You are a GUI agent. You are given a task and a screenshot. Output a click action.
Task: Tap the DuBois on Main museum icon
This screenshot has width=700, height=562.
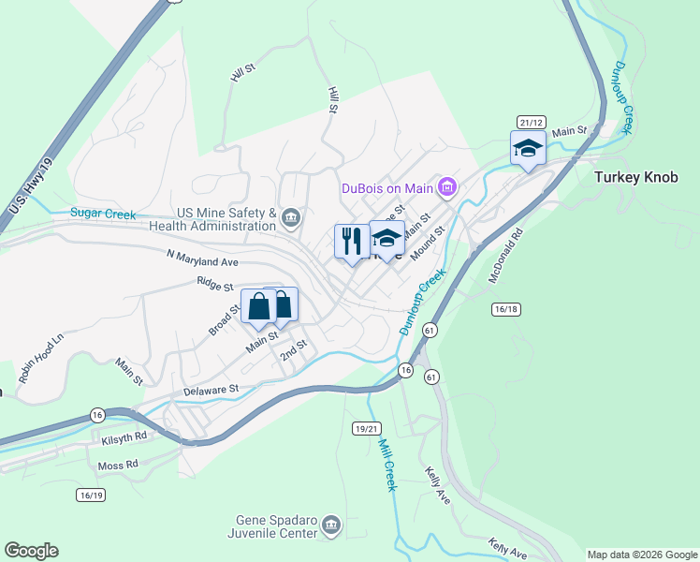(446, 189)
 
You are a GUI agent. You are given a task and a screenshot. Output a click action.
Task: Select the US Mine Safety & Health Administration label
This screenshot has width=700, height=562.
(213, 220)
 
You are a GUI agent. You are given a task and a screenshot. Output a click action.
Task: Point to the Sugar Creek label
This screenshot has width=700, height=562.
(104, 214)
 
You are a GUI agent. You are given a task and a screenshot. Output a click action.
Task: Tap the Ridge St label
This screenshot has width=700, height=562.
(215, 280)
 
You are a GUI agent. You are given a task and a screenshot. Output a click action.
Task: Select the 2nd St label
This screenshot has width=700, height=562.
(294, 350)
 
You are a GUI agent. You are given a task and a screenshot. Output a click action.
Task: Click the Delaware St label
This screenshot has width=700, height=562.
(211, 387)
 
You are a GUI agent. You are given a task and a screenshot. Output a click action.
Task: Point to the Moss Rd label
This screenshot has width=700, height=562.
(118, 464)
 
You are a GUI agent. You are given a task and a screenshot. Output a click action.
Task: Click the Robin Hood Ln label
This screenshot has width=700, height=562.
(44, 353)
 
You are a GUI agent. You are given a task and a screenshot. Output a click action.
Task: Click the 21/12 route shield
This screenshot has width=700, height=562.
(532, 123)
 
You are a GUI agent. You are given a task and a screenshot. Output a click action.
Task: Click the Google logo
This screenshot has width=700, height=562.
(31, 551)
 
